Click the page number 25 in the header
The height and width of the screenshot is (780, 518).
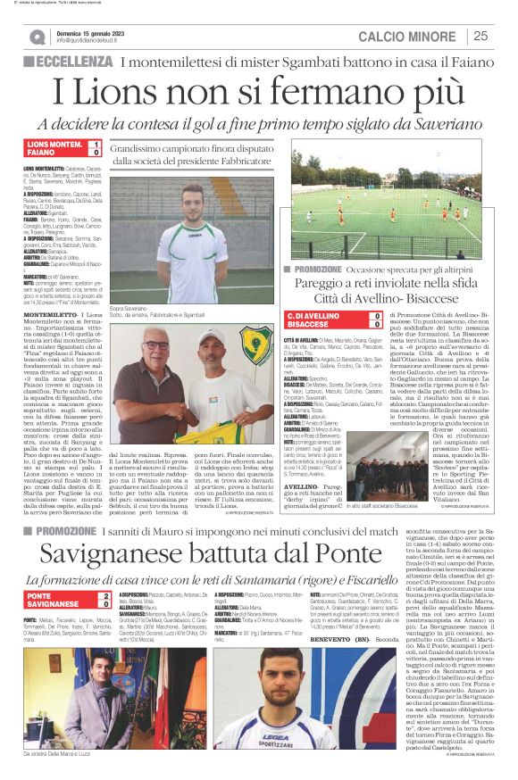tap(480, 36)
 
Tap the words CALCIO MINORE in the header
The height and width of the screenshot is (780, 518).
tap(408, 36)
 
